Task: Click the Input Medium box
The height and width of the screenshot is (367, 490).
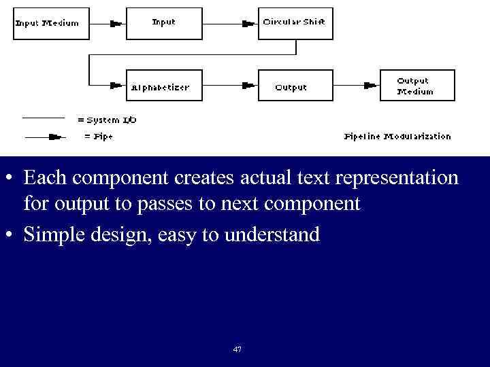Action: click(x=47, y=23)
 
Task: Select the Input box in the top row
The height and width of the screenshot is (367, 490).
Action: click(x=164, y=23)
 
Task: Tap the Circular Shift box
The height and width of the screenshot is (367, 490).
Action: click(x=295, y=23)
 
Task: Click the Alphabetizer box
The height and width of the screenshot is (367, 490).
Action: click(x=164, y=86)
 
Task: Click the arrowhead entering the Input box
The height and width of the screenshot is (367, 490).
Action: click(x=116, y=23)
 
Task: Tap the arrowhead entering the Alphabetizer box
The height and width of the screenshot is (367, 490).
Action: click(x=116, y=86)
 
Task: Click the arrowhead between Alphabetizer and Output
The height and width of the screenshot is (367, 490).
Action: click(x=248, y=86)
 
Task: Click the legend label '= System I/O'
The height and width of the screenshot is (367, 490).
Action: click(x=107, y=120)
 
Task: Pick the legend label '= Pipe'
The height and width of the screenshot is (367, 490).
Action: click(x=98, y=136)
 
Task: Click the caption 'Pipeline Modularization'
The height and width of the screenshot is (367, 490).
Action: click(x=397, y=136)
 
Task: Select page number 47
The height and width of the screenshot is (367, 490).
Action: click(x=237, y=349)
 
